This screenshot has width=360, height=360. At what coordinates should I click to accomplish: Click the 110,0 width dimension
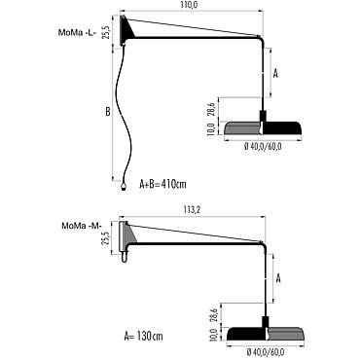[190, 5]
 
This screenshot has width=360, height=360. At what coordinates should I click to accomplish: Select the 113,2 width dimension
[193, 210]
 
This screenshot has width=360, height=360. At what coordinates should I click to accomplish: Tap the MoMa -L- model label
[77, 33]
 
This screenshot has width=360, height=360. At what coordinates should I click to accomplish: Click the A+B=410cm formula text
[162, 184]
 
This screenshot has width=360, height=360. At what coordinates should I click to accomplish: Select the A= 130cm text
[143, 336]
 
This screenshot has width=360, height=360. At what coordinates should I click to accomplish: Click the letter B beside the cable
[108, 112]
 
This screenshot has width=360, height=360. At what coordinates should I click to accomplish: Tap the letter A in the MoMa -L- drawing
[275, 74]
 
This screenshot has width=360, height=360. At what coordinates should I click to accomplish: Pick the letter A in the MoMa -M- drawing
[278, 278]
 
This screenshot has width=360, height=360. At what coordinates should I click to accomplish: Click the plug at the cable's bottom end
[124, 186]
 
